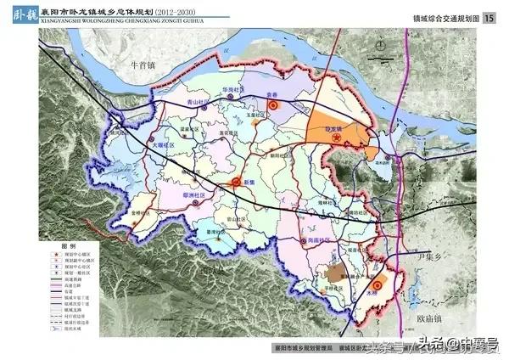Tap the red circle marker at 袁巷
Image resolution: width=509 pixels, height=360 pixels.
(274, 104)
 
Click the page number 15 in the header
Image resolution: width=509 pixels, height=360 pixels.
(489, 19)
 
